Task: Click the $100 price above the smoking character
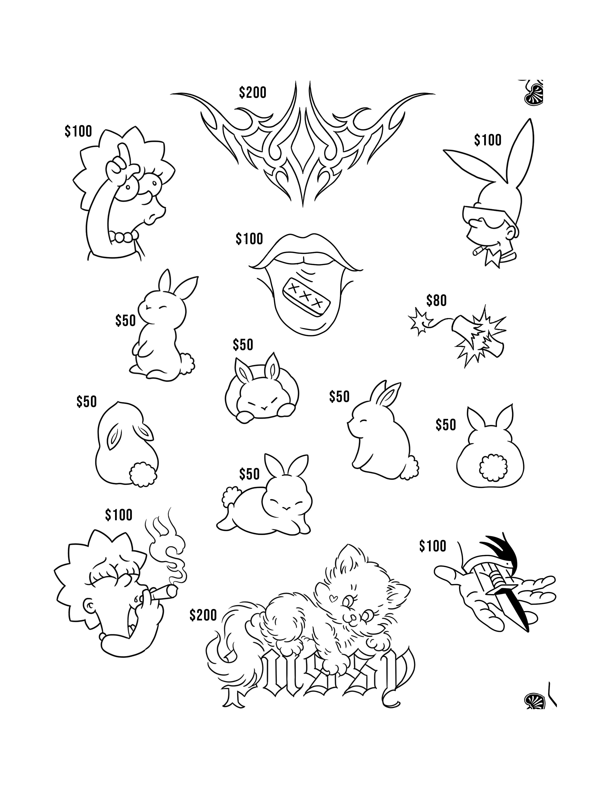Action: pyautogui.click(x=118, y=515)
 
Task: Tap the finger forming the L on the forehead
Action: pyautogui.click(x=124, y=153)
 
